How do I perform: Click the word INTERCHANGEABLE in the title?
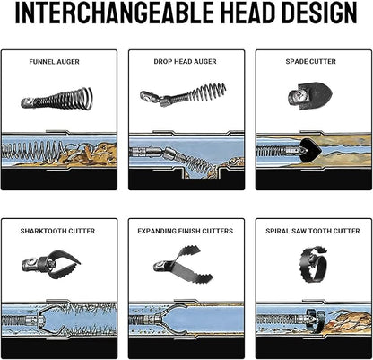click(x=114, y=13)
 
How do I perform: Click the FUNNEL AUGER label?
click(x=54, y=62)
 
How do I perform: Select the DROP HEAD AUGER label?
click(x=185, y=62)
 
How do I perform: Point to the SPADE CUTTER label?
click(x=310, y=62)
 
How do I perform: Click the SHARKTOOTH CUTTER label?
click(x=57, y=231)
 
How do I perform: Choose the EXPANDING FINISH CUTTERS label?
click(x=185, y=231)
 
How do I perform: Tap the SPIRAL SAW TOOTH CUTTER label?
click(x=313, y=231)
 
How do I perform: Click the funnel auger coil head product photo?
click(x=56, y=99)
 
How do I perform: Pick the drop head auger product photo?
click(x=183, y=94)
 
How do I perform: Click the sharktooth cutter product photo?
click(x=51, y=264)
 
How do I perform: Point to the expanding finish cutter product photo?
click(x=183, y=264)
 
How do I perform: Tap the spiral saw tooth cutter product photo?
click(x=313, y=263)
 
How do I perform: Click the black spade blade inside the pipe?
click(x=310, y=151)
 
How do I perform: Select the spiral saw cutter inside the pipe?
click(x=317, y=321)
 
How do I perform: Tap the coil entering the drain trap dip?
click(x=195, y=164)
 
